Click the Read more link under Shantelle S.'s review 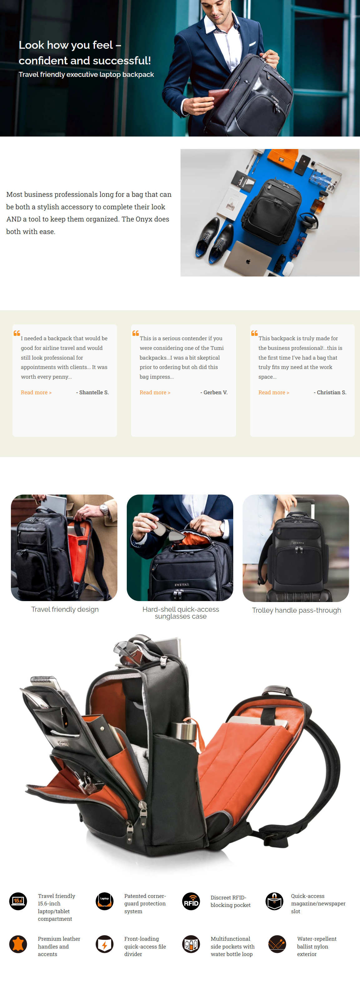36,392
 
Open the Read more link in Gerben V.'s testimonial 155,392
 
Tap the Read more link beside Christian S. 274,392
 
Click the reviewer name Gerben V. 214,392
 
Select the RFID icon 191,901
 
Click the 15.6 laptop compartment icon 18,901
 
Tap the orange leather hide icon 18,944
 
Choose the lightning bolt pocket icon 105,944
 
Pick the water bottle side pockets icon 191,944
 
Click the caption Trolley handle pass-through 297,610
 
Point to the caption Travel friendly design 65,609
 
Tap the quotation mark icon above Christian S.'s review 254,333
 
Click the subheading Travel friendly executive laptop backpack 86,74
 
